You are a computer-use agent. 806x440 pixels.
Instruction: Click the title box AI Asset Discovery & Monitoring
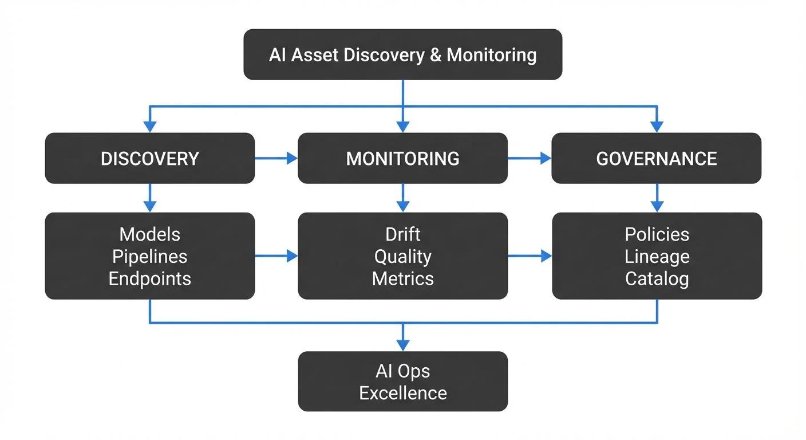(402, 55)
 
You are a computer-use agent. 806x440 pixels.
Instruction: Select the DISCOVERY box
(149, 159)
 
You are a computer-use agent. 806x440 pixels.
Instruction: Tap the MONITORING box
(402, 159)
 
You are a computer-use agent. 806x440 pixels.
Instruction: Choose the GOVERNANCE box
(656, 159)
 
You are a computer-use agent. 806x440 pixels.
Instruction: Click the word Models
(149, 234)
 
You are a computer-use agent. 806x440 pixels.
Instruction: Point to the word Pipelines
(149, 257)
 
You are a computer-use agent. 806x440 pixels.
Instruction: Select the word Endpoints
(149, 279)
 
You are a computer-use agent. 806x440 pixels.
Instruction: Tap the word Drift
(402, 234)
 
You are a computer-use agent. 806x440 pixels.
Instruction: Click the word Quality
(402, 257)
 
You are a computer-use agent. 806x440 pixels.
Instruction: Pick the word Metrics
(402, 279)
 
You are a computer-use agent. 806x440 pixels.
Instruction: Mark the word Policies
(657, 234)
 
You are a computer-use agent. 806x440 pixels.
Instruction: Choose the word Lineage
(657, 257)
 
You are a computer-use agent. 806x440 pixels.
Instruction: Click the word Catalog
(657, 279)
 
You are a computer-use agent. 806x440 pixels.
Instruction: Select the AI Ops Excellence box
(402, 382)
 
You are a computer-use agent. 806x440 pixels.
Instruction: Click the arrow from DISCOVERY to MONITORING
(276, 159)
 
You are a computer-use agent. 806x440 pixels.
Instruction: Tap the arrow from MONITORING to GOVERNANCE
(529, 159)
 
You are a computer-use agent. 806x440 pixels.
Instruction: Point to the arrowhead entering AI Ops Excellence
(402, 345)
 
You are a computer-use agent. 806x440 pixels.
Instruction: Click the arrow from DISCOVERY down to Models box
(149, 198)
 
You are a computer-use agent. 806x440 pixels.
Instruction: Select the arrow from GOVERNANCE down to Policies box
(657, 198)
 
